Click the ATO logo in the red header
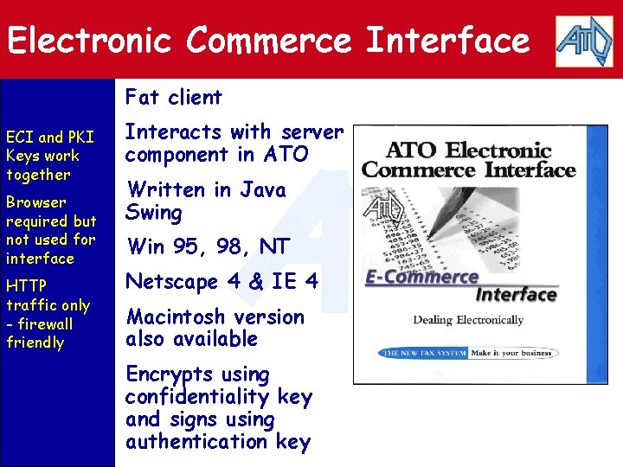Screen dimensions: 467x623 tap(584, 40)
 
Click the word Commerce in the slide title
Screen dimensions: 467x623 tap(268, 41)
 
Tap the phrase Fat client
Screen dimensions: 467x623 tap(174, 97)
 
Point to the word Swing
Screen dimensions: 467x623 tap(154, 212)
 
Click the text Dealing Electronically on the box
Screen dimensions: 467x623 tap(467, 320)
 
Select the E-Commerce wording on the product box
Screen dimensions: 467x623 tap(422, 278)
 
